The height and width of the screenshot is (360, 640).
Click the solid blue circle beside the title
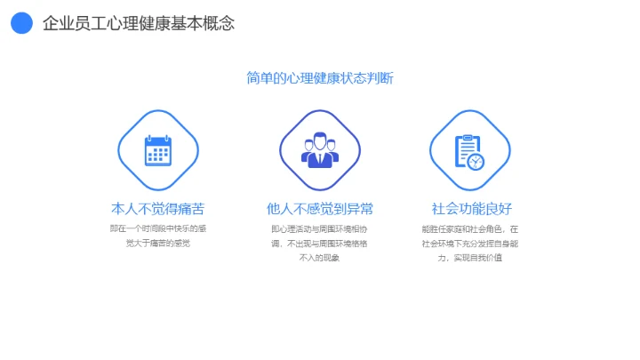point(21,23)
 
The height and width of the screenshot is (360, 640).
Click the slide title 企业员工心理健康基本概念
point(138,24)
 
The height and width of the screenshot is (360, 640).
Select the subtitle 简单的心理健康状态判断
point(320,78)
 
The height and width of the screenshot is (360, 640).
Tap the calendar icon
point(158,150)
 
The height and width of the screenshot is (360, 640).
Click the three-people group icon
point(320,150)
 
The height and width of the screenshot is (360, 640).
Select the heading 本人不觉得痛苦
point(158,210)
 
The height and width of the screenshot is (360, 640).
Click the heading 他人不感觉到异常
point(320,210)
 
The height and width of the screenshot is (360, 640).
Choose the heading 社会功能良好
point(471,210)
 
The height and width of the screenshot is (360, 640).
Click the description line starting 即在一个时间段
point(158,228)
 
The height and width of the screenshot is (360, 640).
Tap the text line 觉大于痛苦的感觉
point(158,243)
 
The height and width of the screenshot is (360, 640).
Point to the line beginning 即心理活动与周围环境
point(320,228)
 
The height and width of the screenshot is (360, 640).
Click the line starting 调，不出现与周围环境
point(320,243)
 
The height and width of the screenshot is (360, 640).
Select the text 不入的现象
point(320,258)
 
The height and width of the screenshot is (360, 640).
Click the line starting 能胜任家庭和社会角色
point(471,228)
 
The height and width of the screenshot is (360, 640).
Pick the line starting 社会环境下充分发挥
point(471,243)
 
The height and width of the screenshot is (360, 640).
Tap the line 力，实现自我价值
point(471,258)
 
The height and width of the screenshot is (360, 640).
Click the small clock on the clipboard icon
point(476,161)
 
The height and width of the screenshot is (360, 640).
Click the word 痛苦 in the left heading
point(192,210)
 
